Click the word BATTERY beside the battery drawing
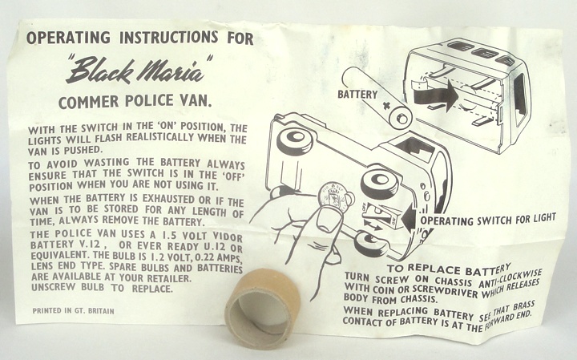[357, 95]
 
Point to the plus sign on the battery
[386, 106]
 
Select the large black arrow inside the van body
[436, 95]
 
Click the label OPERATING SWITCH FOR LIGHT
[488, 219]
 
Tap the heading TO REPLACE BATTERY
[449, 269]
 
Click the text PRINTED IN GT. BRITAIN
[73, 310]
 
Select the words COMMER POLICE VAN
[135, 102]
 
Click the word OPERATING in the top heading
[68, 38]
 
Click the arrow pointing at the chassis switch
[410, 218]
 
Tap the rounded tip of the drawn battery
[401, 118]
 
